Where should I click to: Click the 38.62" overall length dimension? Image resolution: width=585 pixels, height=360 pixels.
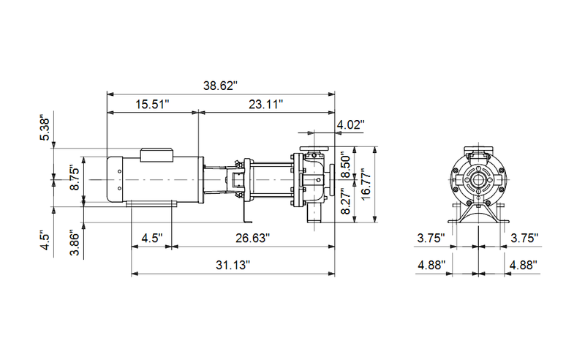click(x=221, y=86)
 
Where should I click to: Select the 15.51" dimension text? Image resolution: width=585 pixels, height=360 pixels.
click(x=152, y=105)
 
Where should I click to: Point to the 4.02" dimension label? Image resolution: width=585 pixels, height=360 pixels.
click(x=350, y=125)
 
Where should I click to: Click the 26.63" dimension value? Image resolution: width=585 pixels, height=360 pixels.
click(x=252, y=238)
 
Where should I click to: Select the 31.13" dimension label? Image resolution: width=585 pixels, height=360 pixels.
click(x=232, y=264)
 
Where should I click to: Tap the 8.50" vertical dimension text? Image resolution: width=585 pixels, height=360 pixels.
click(x=347, y=163)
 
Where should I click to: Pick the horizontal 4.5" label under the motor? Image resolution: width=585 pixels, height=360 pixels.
click(x=151, y=238)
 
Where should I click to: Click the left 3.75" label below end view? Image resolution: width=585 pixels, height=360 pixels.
click(x=431, y=238)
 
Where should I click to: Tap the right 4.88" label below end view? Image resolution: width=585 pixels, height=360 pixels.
click(x=524, y=264)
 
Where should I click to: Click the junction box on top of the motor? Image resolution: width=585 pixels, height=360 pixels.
click(x=156, y=154)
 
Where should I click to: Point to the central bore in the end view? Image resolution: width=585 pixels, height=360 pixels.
click(x=478, y=180)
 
